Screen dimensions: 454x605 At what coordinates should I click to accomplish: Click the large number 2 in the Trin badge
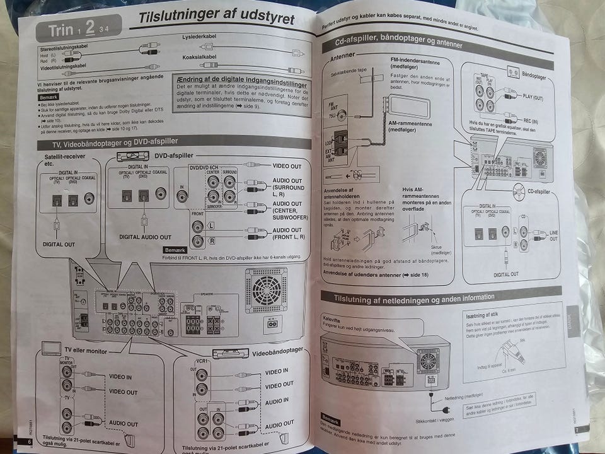click(x=90, y=28)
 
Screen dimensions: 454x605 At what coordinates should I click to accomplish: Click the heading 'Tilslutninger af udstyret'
click(x=216, y=18)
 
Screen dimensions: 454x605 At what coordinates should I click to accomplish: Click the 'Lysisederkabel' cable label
click(x=199, y=37)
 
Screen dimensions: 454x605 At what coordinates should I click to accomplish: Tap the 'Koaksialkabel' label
click(x=199, y=57)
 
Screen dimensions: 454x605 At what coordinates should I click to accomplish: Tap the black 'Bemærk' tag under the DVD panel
click(x=175, y=250)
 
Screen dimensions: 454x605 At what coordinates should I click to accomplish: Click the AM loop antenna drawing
click(x=409, y=107)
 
